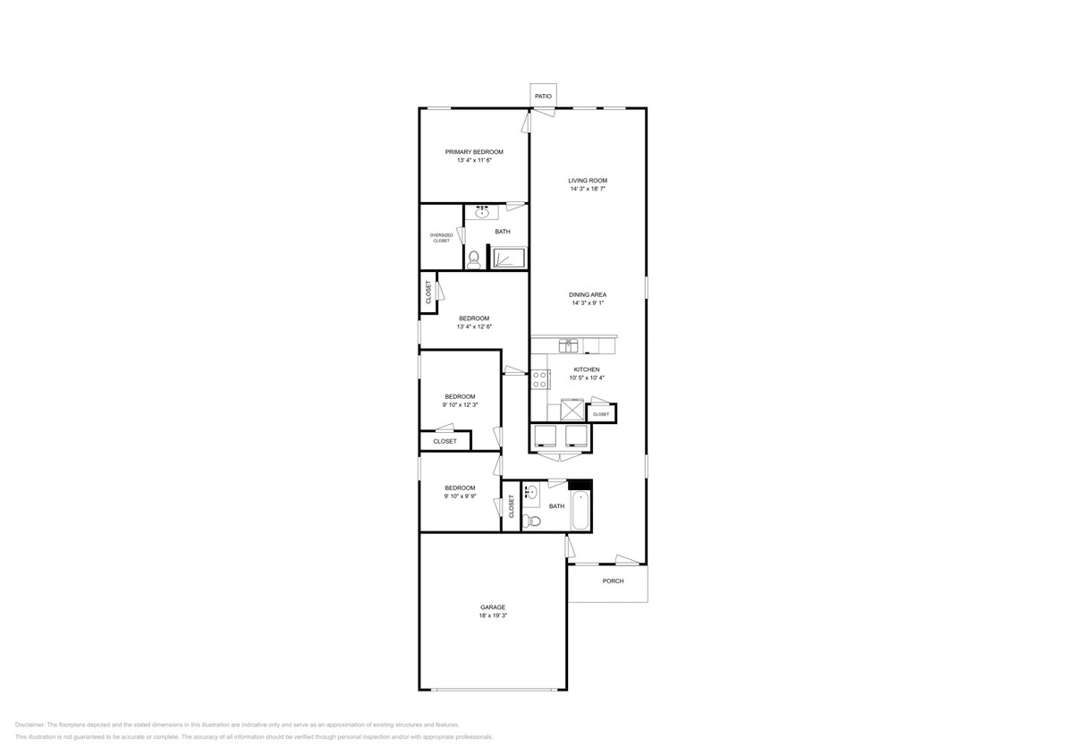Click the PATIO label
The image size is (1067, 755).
[x=542, y=96]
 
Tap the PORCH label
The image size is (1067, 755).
[x=613, y=581]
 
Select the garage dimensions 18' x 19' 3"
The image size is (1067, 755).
[x=493, y=615]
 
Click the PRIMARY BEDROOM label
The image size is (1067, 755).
[x=474, y=152]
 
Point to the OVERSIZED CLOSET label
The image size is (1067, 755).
[x=441, y=238]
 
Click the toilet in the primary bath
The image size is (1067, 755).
[x=474, y=259]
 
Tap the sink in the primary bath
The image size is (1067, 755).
[x=482, y=212]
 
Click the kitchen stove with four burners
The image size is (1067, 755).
[x=540, y=379]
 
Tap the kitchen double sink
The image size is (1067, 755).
[x=570, y=344]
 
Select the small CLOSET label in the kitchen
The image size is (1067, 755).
[x=601, y=414]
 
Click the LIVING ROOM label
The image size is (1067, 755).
[x=588, y=181]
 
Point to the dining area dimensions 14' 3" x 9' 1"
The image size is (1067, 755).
[x=588, y=303]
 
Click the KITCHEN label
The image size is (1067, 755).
[x=587, y=369]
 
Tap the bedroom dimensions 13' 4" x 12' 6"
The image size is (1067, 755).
[x=474, y=327]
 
